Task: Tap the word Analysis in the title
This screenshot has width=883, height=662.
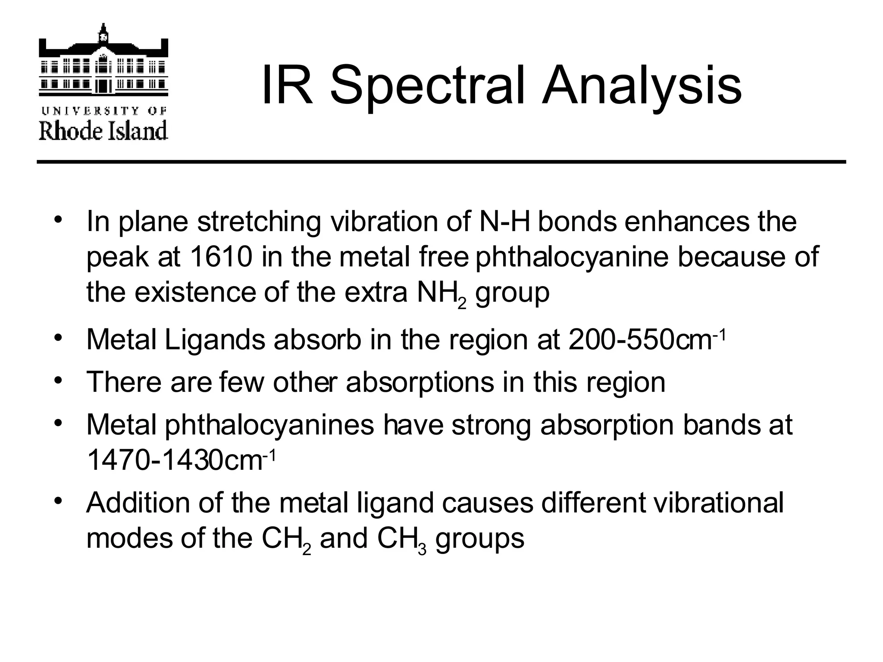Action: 642,85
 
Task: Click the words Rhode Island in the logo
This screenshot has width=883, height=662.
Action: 103,131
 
